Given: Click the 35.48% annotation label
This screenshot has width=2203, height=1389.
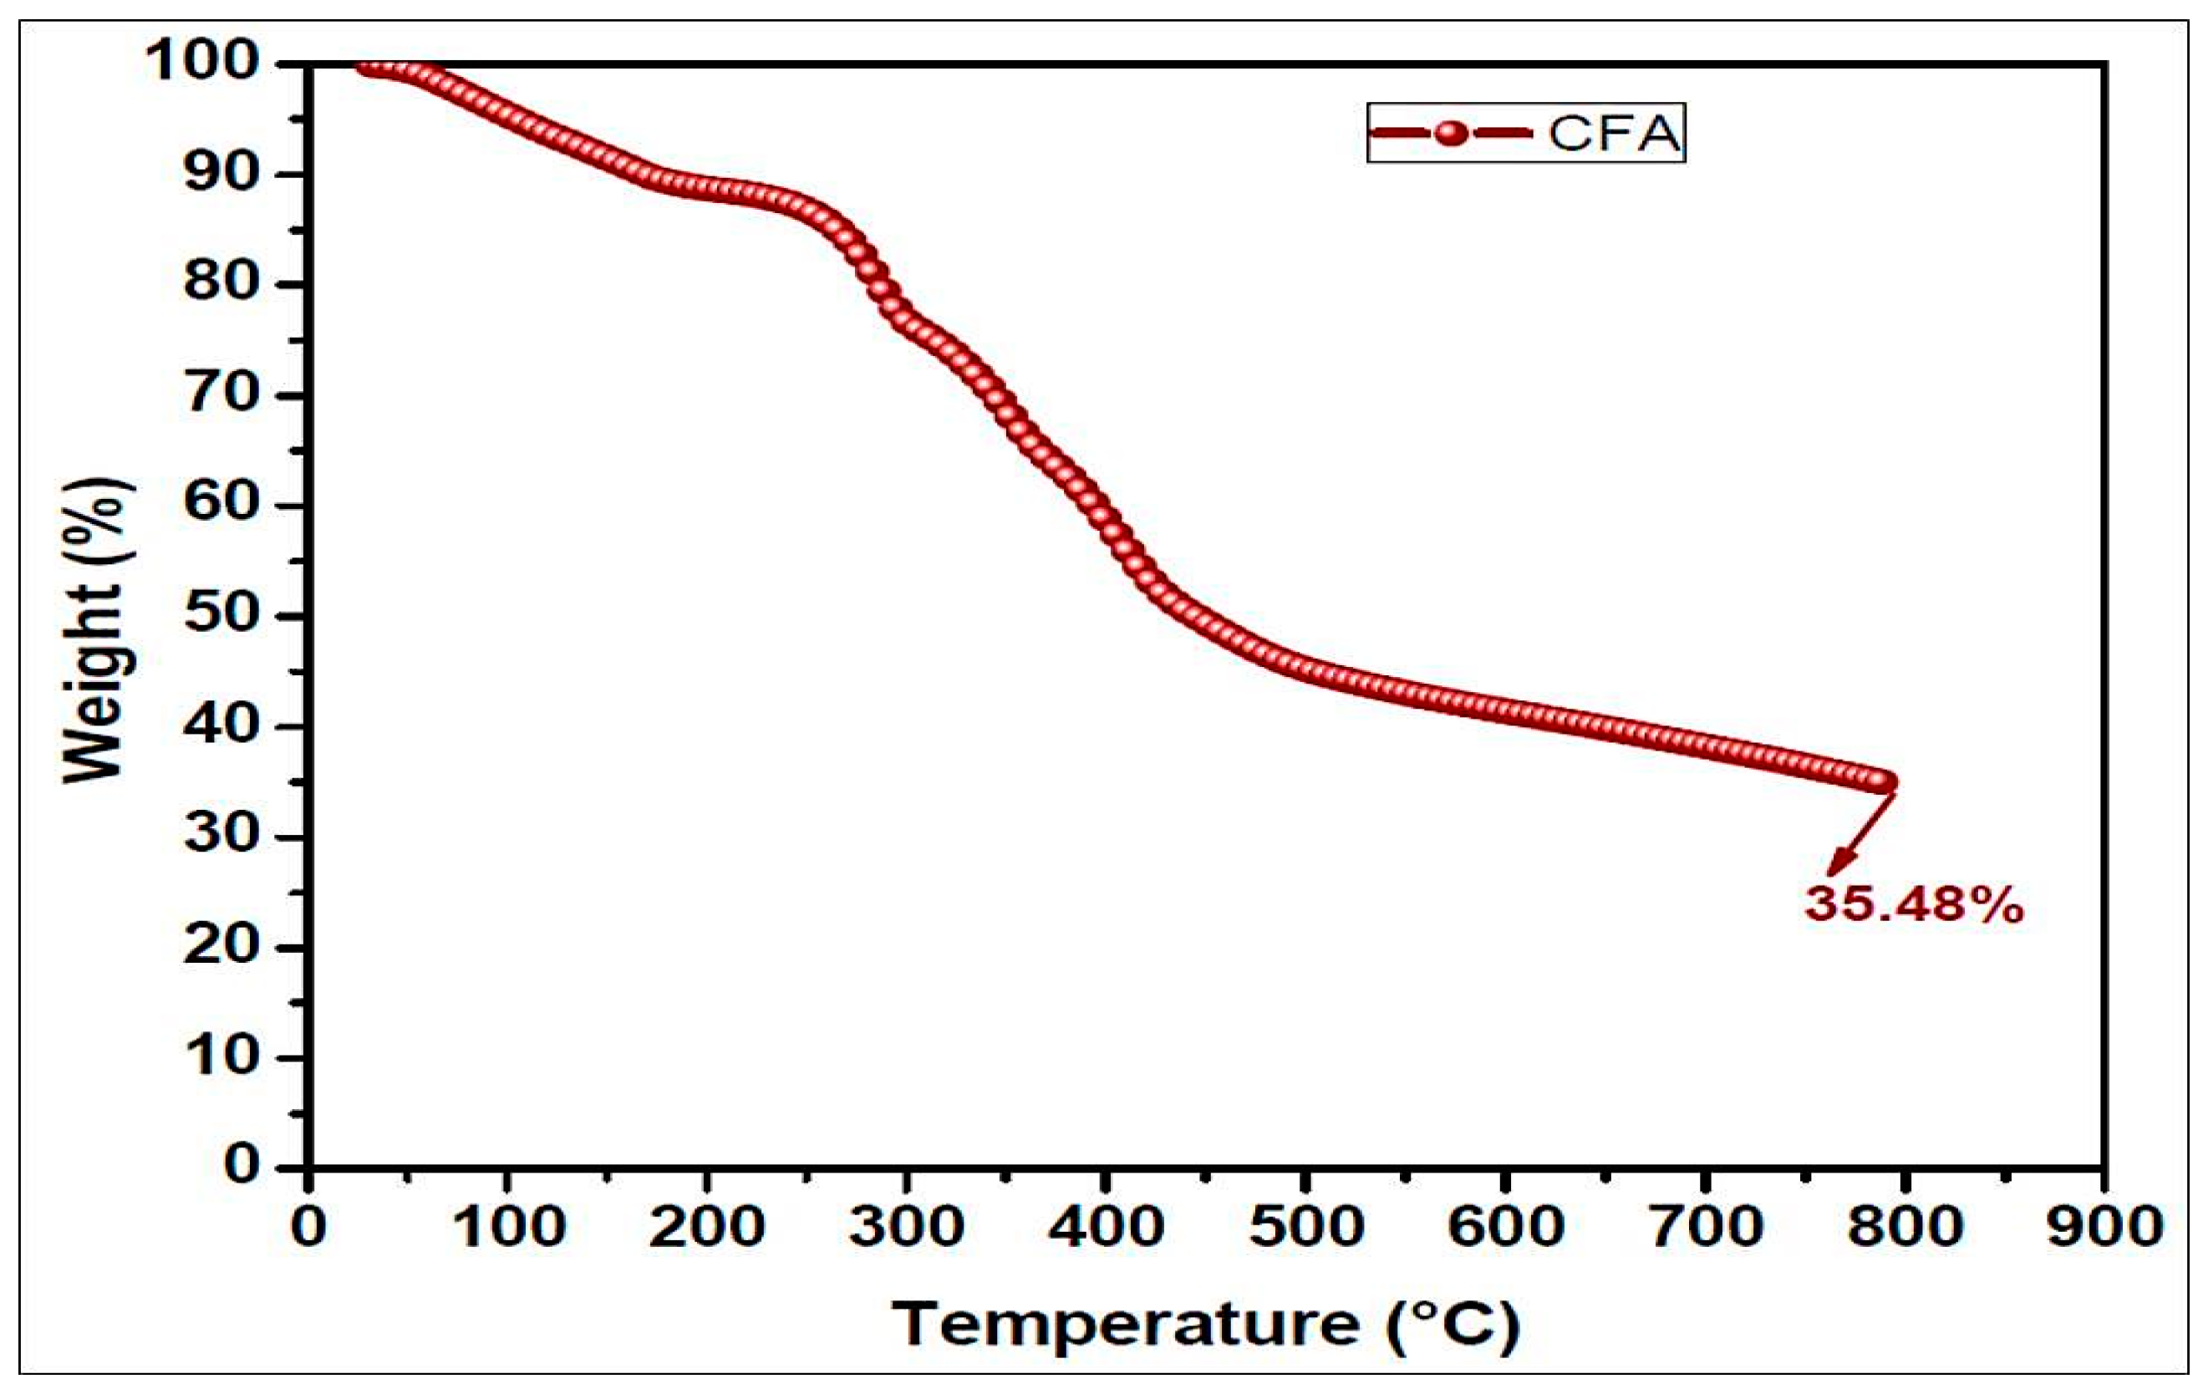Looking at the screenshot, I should (x=1914, y=905).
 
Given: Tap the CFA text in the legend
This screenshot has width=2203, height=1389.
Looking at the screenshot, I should (x=1615, y=134).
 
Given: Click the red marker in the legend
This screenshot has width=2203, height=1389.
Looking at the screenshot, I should (x=1450, y=134).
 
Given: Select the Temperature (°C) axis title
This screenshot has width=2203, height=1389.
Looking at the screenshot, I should (x=1206, y=1324).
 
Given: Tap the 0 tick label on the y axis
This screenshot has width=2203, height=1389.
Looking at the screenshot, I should (x=242, y=1166).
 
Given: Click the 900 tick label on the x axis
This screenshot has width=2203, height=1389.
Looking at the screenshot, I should (x=2104, y=1227).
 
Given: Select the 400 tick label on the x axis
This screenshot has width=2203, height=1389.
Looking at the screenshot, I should (x=1106, y=1227).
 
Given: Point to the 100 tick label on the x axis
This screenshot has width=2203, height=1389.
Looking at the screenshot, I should (x=509, y=1227).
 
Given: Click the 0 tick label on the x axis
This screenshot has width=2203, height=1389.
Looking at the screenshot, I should (x=309, y=1227).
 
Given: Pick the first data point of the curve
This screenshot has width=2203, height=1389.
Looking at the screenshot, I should (x=367, y=66).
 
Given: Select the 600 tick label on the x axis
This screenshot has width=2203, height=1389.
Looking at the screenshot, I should (x=1505, y=1227).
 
